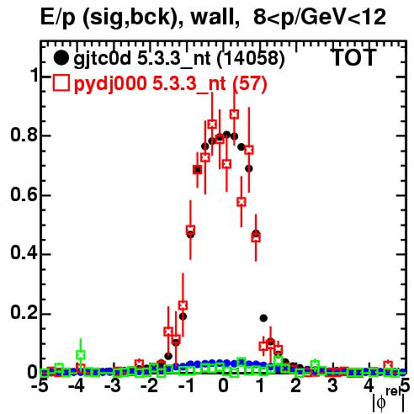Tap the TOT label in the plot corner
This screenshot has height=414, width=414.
point(353,57)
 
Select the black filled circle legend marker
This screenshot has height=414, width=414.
point(61,58)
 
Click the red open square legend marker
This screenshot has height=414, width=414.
point(61,83)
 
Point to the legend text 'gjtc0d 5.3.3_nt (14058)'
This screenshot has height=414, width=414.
point(179,59)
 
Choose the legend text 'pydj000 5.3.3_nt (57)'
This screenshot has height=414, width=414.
point(171,84)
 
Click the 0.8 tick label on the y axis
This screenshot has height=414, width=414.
point(24,135)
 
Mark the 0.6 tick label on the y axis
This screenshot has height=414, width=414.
point(24,194)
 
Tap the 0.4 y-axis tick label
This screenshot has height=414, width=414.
point(24,254)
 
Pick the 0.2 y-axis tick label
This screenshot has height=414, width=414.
point(24,313)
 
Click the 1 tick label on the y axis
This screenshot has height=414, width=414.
point(34,75)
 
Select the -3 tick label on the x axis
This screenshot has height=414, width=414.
point(114,386)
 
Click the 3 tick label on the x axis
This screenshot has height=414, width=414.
point(332,386)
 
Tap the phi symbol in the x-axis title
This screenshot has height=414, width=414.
point(381,403)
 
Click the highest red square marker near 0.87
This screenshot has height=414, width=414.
point(235,114)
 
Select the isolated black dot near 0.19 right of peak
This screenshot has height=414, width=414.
point(263,318)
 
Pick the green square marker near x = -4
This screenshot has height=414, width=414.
point(81,355)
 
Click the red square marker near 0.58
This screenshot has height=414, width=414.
point(241,202)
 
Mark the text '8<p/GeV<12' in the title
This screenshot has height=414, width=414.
point(320,18)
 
